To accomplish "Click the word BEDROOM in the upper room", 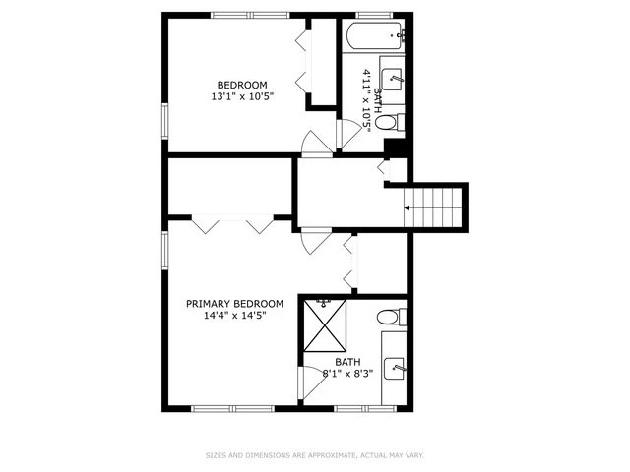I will point(241,84).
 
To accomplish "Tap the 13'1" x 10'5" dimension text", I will point(241,96).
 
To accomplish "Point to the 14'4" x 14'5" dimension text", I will point(234,316).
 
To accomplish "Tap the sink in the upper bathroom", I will point(394,79).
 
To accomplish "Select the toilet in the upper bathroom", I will point(391,123).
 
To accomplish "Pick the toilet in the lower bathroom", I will point(392,317).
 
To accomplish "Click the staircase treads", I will point(437,207).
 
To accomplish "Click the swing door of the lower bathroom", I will point(310,383).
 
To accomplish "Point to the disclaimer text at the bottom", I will point(315,455).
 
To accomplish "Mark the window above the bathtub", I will point(373,15).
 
